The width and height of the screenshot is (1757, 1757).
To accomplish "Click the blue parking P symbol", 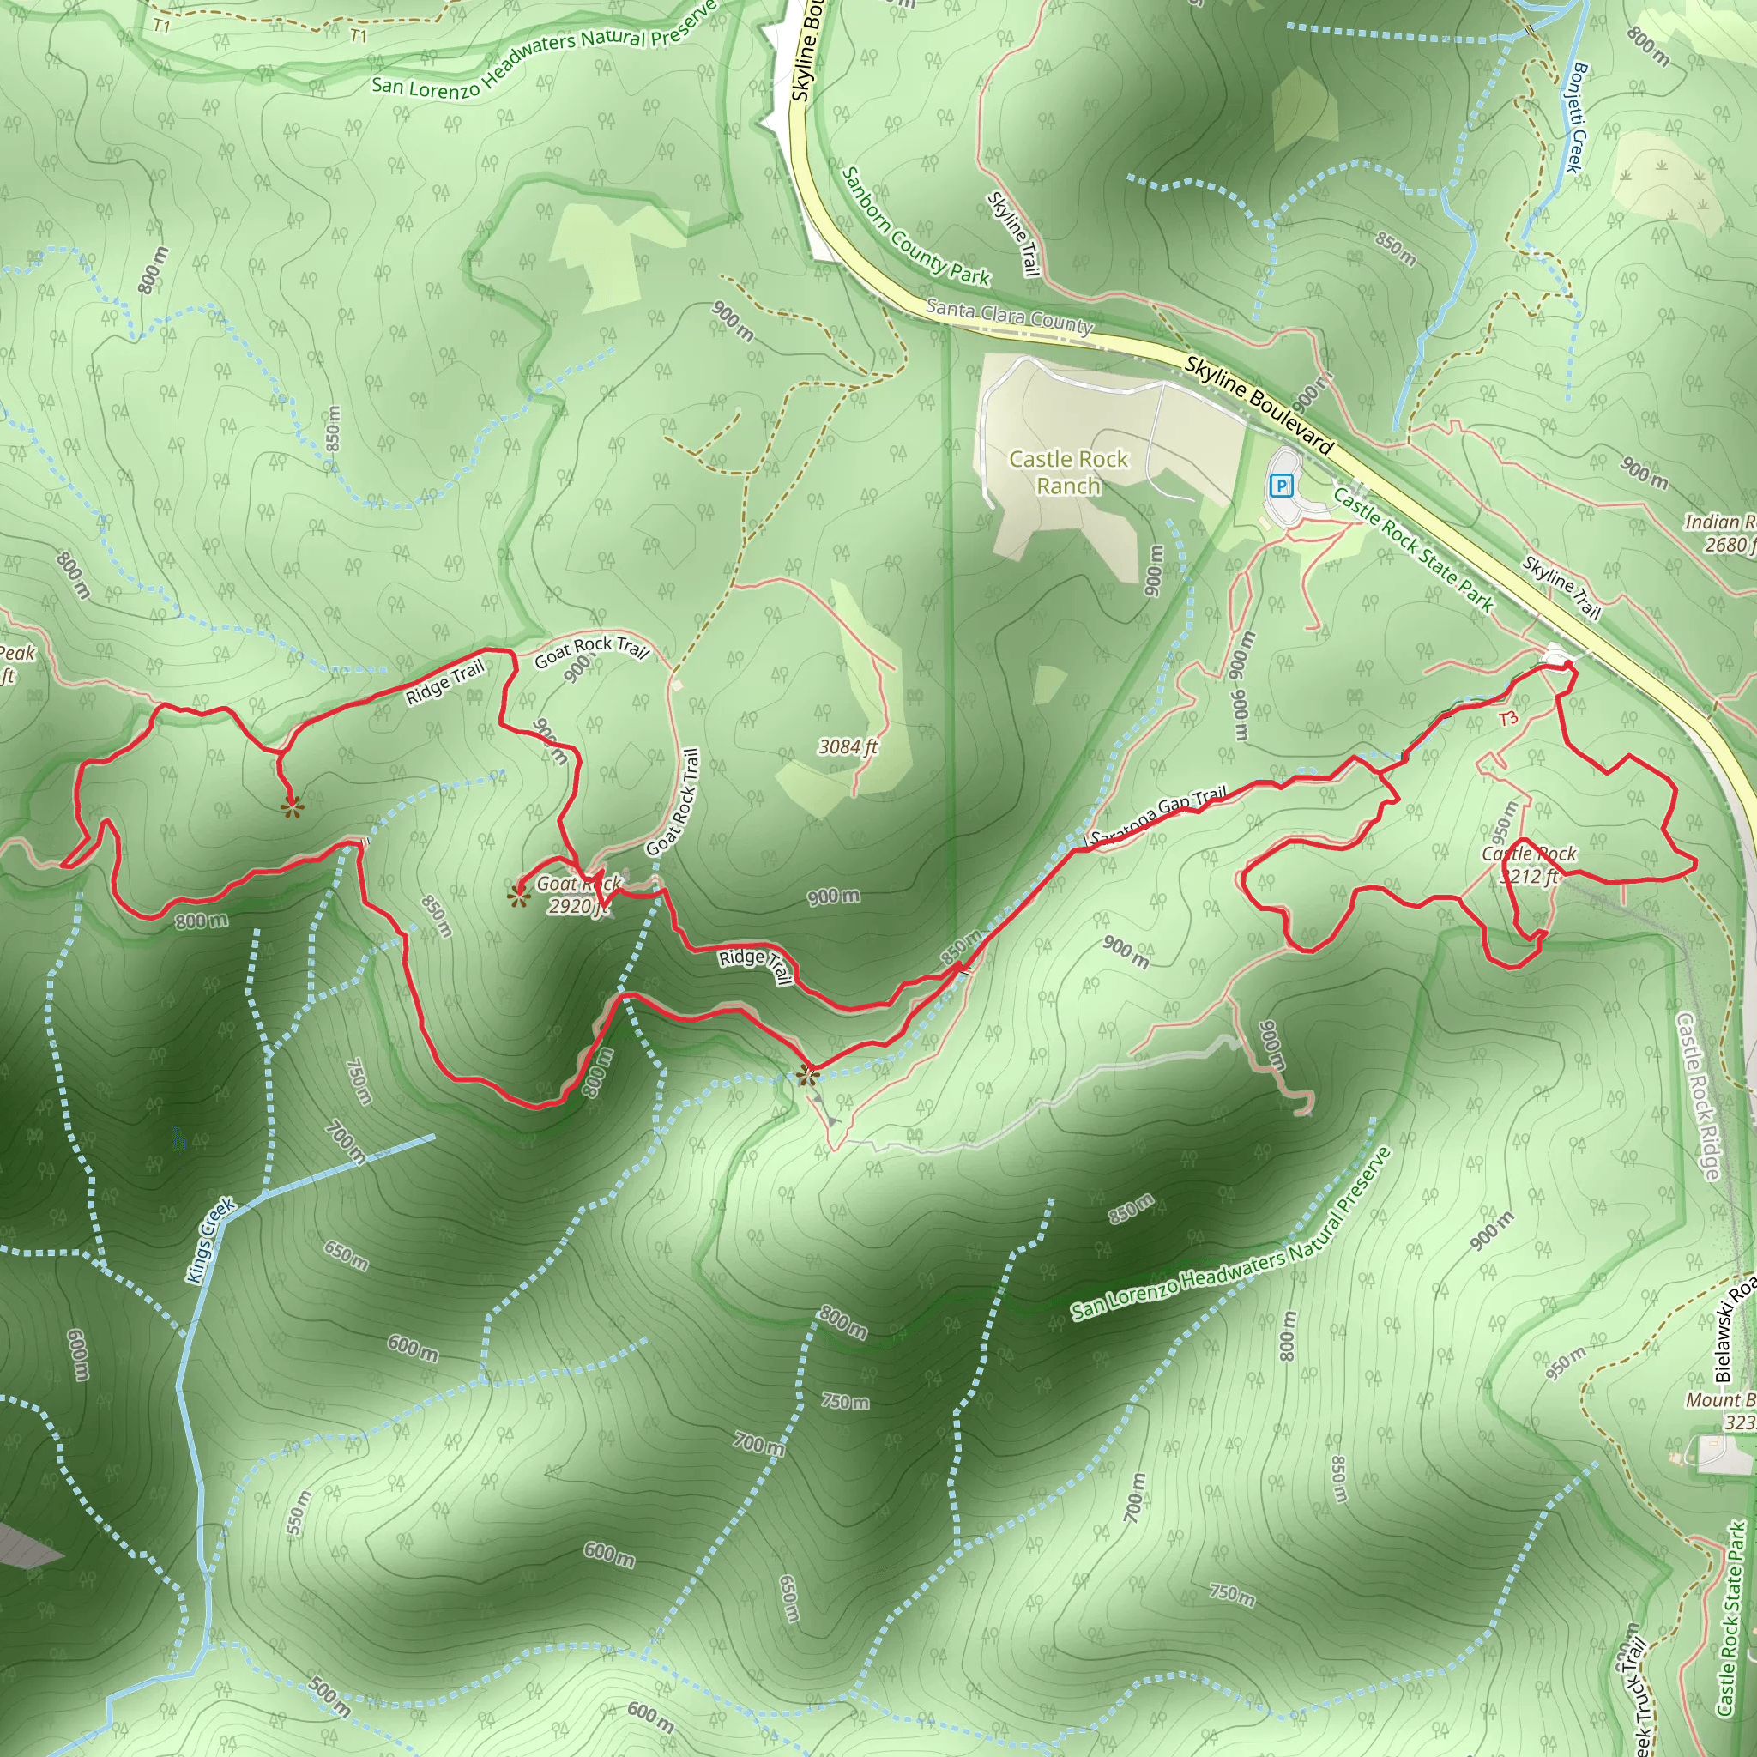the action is pos(1282,486).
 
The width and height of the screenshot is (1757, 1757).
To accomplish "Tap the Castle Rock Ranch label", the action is pos(1069,472).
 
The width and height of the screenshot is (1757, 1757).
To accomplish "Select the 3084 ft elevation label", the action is pos(848,746).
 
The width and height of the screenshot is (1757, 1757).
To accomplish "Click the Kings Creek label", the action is pos(211,1241).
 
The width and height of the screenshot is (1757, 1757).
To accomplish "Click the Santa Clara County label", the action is pos(1009,317).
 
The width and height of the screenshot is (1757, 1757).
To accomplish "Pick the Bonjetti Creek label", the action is pos(1575,118).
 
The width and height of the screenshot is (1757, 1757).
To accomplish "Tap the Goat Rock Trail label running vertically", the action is pos(673,801).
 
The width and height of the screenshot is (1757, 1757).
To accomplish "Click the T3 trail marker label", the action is pos(1508,718).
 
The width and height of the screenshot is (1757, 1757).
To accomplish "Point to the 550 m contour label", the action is pos(299,1513).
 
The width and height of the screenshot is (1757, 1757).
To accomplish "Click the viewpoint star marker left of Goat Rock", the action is pos(518,897).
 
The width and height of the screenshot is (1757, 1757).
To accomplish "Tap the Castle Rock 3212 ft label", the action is pos(1529,865).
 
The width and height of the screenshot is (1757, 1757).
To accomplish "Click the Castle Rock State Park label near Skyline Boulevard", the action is pos(1413,548).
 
